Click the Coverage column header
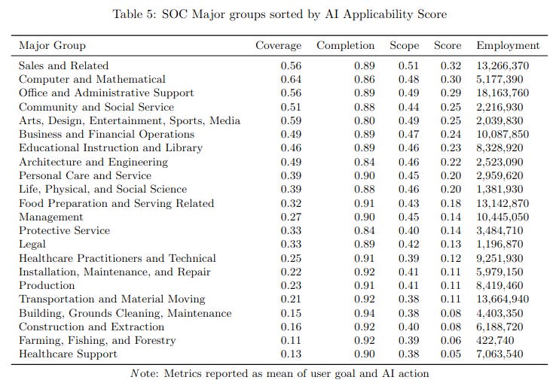pos(278,45)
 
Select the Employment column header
pos(508,45)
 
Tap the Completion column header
pos(345,45)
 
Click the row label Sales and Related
pos(63,65)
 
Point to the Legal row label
pos(32,244)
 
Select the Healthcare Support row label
pos(68,354)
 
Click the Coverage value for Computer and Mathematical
pos(290,79)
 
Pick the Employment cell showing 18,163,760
pos(502,93)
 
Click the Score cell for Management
pos(451,217)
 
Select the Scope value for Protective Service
pos(408,230)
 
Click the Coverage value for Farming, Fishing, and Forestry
pos(290,340)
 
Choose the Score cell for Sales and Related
pos(451,65)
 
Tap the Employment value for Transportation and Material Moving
pos(502,299)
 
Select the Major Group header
pos(52,45)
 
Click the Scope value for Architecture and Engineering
pos(408,162)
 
